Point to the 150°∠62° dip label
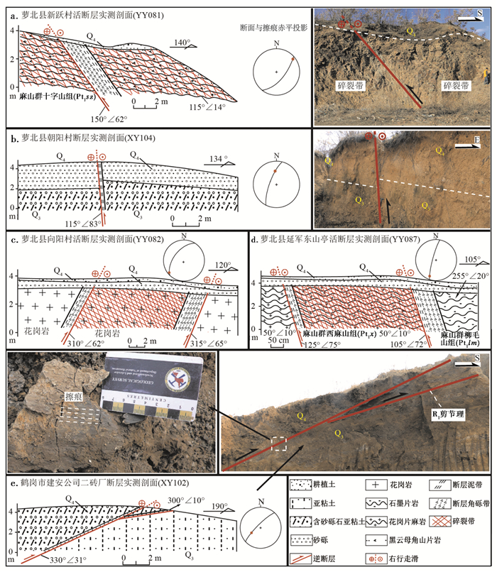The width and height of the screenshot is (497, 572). click(109, 119)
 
